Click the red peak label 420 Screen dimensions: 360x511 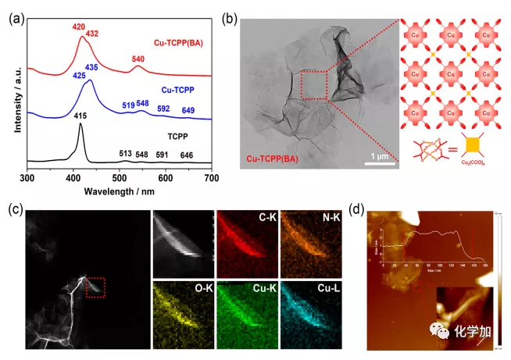(77, 26)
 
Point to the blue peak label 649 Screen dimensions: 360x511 (188, 110)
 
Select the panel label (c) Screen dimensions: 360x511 (13, 208)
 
